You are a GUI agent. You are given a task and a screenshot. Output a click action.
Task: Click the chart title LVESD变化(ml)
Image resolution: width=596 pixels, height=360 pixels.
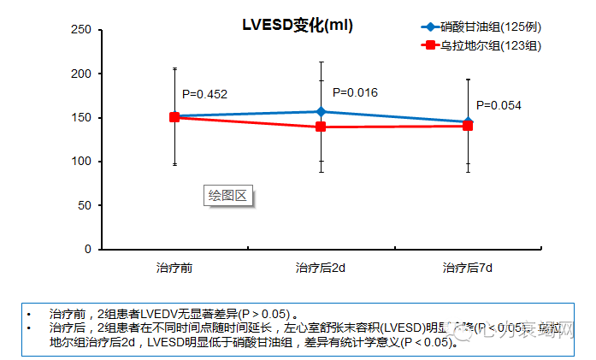click(297, 26)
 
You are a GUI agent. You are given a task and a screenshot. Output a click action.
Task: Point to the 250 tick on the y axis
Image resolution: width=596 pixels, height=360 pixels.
click(80, 30)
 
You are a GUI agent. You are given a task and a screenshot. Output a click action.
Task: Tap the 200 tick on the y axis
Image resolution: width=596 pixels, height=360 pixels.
click(80, 74)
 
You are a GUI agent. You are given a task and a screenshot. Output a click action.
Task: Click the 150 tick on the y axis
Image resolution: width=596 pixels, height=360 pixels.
click(80, 117)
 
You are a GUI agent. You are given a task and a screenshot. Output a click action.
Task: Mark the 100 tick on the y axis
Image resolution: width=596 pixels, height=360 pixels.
click(80, 162)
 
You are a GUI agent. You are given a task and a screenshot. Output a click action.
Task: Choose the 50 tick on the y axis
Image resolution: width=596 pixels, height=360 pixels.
click(83, 205)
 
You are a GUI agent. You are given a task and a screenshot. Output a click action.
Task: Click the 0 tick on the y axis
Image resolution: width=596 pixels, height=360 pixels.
click(86, 249)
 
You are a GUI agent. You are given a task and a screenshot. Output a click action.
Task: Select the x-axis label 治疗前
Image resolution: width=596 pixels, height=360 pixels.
click(174, 268)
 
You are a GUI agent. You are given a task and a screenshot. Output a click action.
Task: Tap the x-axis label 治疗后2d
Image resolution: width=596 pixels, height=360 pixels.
click(321, 268)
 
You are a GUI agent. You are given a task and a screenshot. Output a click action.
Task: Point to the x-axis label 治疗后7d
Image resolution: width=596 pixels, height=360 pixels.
click(467, 268)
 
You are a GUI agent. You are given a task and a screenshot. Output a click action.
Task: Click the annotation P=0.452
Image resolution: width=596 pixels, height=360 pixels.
click(204, 94)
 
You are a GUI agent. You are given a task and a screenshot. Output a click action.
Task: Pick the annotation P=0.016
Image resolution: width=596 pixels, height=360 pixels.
click(355, 92)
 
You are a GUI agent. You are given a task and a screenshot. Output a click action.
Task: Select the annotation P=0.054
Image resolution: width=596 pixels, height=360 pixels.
click(499, 105)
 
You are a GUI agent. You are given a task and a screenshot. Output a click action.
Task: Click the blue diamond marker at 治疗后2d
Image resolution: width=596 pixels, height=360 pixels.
click(321, 111)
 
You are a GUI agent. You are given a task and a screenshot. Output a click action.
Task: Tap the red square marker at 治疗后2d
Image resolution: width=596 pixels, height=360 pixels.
click(321, 127)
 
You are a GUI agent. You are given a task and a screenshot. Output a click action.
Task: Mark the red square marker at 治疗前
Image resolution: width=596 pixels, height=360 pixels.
click(174, 117)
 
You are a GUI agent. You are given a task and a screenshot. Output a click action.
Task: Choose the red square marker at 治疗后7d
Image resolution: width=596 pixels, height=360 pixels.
click(468, 126)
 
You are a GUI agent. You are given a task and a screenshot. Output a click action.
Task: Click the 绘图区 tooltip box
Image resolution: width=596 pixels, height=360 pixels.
click(228, 196)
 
